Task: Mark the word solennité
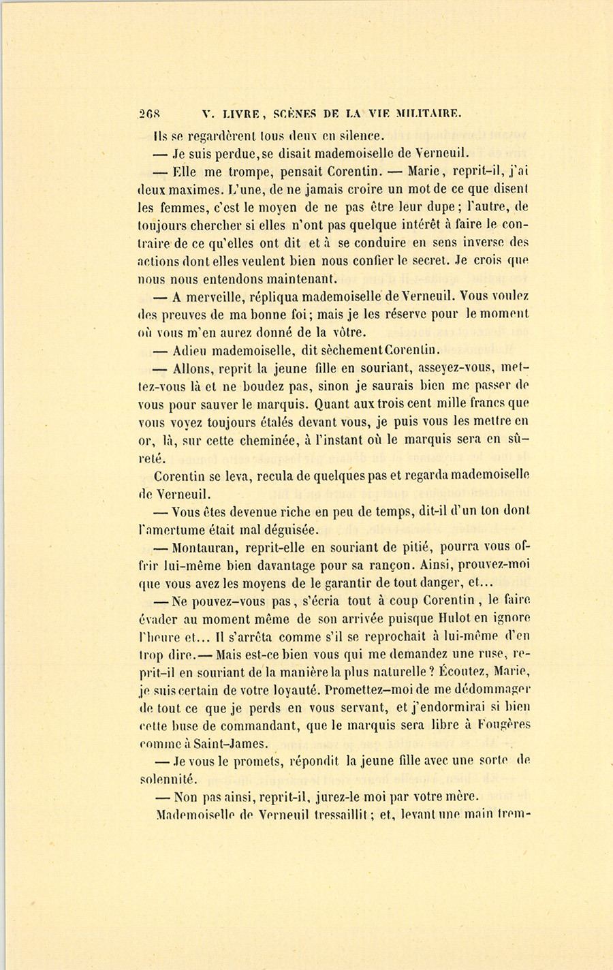tap(166, 779)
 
